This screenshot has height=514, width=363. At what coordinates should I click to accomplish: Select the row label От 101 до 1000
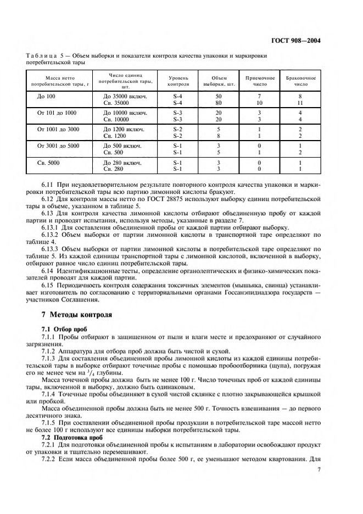tap(57, 113)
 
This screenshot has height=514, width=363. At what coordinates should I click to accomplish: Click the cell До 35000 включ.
tap(124, 96)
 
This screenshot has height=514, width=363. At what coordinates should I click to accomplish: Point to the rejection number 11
tap(301, 102)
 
